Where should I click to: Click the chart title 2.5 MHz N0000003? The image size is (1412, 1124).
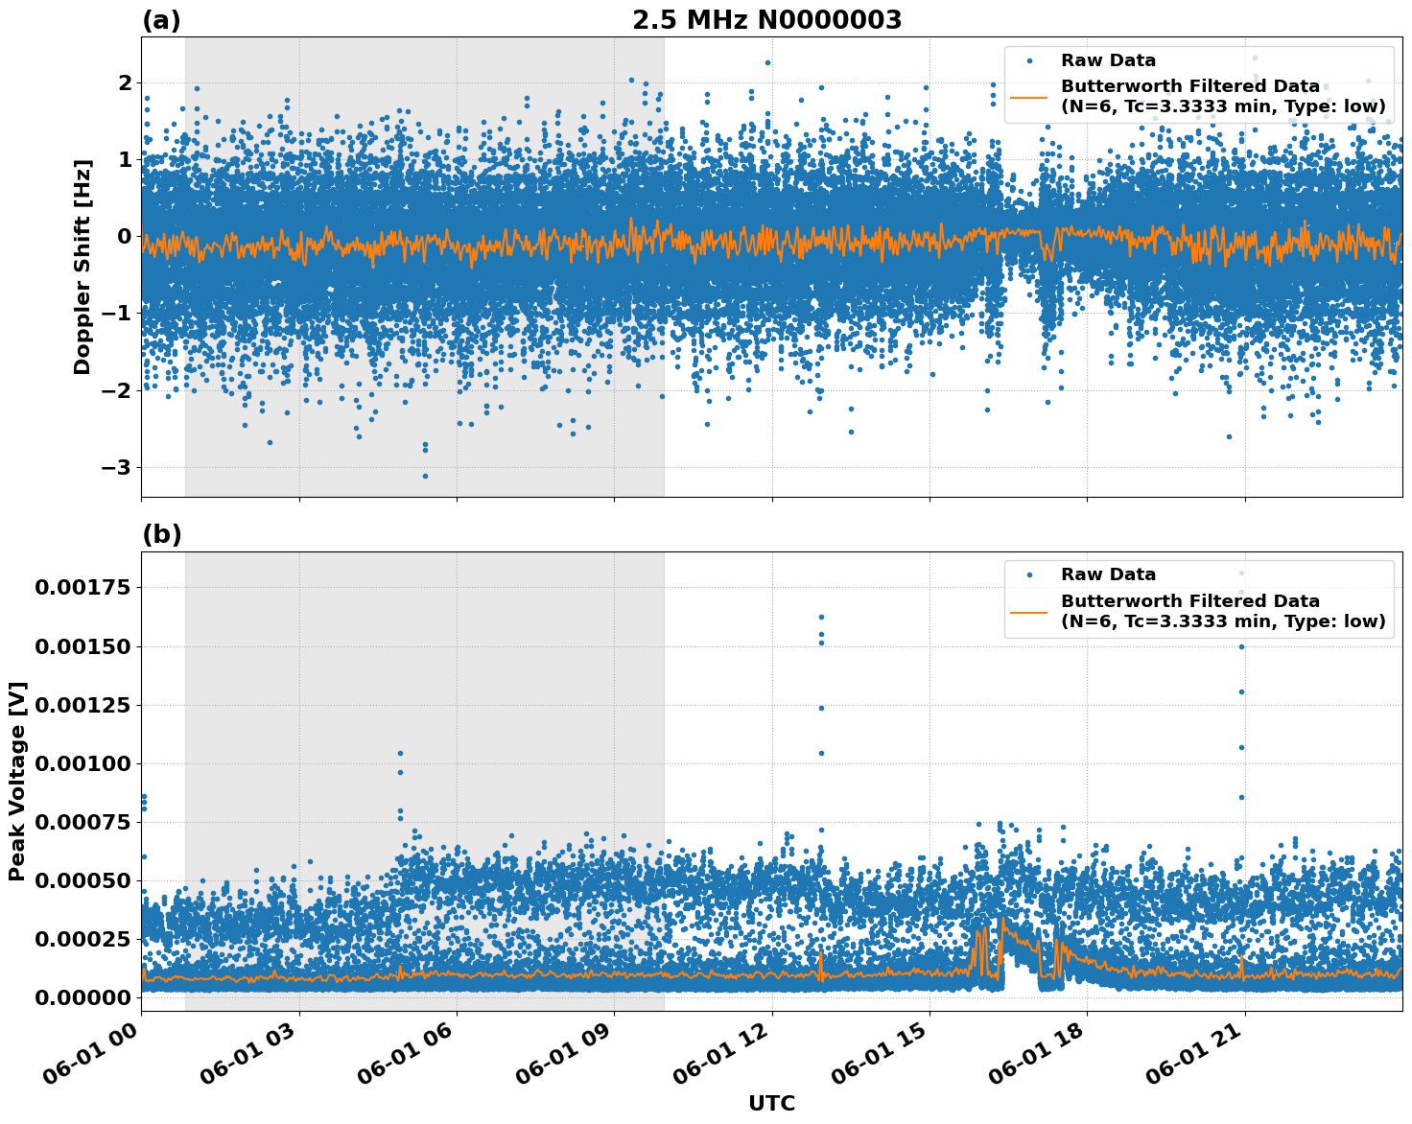point(766,20)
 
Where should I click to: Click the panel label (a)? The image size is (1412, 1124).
point(161,20)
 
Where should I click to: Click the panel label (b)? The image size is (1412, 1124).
point(161,534)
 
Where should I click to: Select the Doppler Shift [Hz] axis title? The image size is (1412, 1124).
point(82,267)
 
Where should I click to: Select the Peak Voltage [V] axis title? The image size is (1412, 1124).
point(16,781)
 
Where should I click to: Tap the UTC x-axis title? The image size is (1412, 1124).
point(771,1103)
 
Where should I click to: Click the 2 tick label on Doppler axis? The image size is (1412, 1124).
point(125,83)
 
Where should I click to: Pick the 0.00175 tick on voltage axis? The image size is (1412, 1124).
point(82,588)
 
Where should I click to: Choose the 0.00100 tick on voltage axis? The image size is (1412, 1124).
point(82,764)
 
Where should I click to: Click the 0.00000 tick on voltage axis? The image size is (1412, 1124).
point(82,998)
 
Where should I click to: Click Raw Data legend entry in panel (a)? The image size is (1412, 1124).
point(1108,60)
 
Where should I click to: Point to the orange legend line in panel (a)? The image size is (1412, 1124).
point(1029,96)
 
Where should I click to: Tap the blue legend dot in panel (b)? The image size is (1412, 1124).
point(1029,574)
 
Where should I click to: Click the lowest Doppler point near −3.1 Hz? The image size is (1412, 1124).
point(425,476)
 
